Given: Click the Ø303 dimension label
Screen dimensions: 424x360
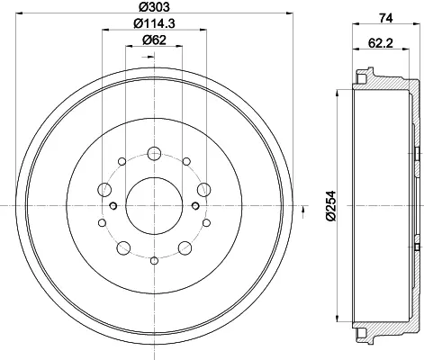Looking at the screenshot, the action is (x=154, y=6).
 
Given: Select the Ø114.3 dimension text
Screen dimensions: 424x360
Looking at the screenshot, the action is (x=154, y=23).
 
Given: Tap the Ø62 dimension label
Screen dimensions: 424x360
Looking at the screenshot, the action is (x=154, y=40).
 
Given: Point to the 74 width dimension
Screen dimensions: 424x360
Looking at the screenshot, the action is (x=386, y=18).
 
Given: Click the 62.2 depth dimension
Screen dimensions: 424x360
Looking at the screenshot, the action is (x=381, y=43).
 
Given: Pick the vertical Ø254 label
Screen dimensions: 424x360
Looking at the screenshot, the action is (x=331, y=206).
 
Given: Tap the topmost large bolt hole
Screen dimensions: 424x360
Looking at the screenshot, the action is (x=154, y=154).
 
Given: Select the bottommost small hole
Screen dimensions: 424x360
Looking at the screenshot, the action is (x=154, y=260).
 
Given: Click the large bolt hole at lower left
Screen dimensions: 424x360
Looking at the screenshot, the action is (x=123, y=247).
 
